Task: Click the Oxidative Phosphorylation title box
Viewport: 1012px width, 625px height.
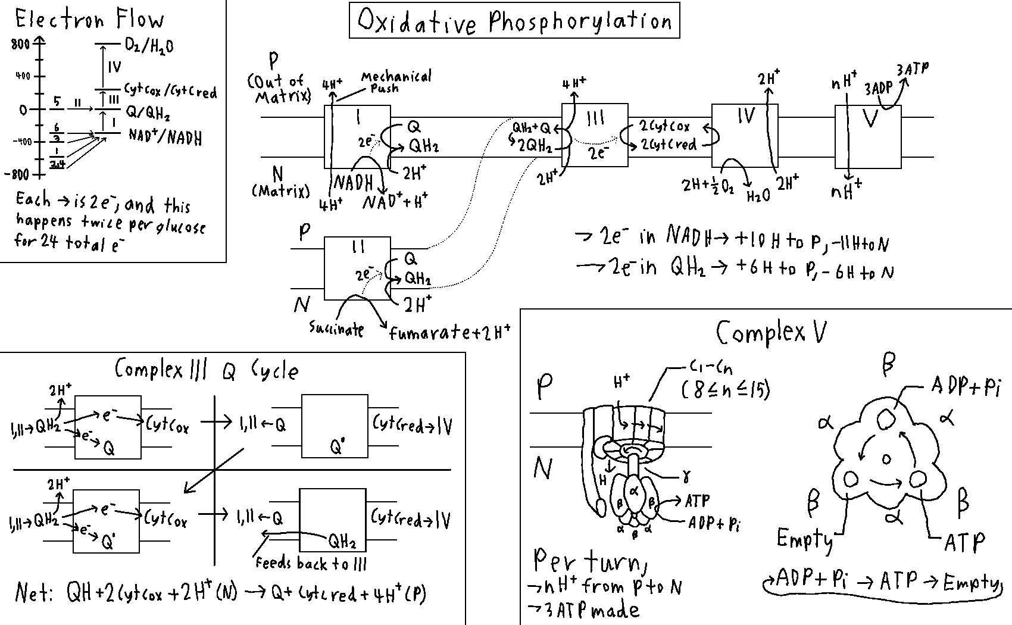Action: click(514, 21)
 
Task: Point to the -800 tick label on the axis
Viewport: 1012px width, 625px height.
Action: click(16, 174)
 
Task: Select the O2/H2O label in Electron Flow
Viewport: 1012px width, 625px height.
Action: click(149, 45)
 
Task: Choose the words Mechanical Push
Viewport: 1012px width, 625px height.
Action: click(395, 82)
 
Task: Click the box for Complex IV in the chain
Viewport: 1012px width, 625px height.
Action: click(745, 136)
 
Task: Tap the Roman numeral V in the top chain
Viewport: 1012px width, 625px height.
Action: click(870, 118)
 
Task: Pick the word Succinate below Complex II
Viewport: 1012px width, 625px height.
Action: click(336, 329)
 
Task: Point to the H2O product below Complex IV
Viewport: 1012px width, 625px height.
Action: click(758, 196)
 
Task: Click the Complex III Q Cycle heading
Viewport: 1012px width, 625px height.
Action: click(206, 370)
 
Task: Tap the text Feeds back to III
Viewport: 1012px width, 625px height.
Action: click(311, 563)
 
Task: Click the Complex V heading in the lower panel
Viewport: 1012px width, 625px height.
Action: click(771, 332)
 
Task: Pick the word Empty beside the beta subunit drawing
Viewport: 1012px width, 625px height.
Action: click(804, 539)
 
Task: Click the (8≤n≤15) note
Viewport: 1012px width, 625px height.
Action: click(725, 390)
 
